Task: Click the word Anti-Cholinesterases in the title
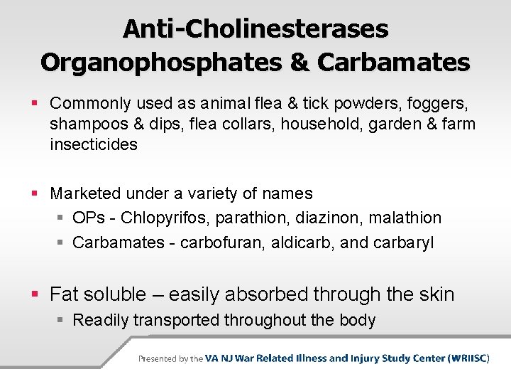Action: (255, 29)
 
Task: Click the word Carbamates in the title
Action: (393, 62)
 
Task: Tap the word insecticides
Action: (94, 145)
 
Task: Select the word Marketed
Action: (87, 193)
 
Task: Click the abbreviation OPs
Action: (88, 218)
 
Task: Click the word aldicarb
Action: (302, 242)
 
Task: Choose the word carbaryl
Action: (404, 242)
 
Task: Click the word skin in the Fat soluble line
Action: (433, 294)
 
